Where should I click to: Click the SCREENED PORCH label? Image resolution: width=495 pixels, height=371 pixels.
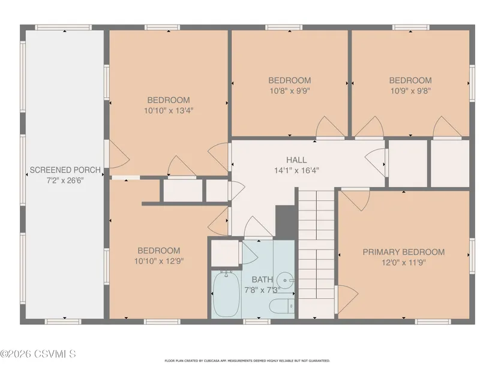(x=65, y=170)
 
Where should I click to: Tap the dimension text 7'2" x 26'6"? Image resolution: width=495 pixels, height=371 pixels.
(x=65, y=181)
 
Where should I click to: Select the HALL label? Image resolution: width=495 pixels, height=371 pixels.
(x=296, y=160)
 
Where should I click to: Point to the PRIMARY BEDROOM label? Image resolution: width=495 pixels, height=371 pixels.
(x=403, y=252)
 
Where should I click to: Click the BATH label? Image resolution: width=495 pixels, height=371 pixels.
(x=262, y=279)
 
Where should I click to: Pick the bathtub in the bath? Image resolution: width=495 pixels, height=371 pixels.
(x=226, y=294)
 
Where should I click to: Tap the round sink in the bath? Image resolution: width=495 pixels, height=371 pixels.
(x=286, y=280)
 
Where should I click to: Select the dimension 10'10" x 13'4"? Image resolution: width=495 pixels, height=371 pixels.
(x=169, y=111)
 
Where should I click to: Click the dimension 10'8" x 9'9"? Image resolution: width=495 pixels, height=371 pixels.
(x=289, y=91)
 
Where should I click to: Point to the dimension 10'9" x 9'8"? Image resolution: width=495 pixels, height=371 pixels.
(x=410, y=91)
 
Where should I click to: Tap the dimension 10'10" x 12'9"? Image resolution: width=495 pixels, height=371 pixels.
(x=159, y=261)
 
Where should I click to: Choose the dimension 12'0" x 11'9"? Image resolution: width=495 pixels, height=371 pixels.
(x=404, y=263)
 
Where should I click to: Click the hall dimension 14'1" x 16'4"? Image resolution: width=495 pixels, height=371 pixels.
(x=296, y=171)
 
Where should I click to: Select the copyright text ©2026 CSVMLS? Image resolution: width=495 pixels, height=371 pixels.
(x=38, y=354)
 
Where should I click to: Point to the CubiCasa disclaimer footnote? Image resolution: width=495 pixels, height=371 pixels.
(x=247, y=361)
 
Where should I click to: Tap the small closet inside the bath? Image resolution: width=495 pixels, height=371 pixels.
(x=224, y=254)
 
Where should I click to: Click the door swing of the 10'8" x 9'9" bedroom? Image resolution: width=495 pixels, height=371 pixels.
(x=330, y=126)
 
